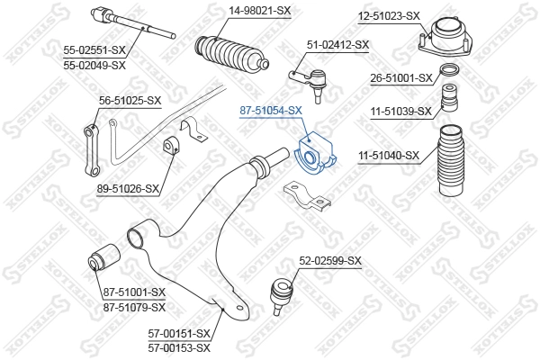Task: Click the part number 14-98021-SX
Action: click(x=260, y=11)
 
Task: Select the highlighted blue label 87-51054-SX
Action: click(x=271, y=111)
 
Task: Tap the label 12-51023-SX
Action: click(x=389, y=16)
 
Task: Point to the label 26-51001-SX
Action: click(x=401, y=78)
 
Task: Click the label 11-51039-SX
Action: click(x=400, y=112)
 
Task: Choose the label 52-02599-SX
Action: click(x=330, y=261)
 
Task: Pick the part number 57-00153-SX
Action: click(x=179, y=348)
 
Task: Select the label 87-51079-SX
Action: click(x=135, y=307)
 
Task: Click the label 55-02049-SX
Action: click(x=94, y=65)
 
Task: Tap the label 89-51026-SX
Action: click(x=128, y=188)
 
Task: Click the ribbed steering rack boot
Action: click(x=231, y=55)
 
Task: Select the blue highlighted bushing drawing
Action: click(x=316, y=154)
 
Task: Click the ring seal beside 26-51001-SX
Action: click(x=450, y=70)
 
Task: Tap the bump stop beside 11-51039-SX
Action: click(x=449, y=97)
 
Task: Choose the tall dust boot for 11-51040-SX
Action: click(x=451, y=160)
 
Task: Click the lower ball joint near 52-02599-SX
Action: click(x=282, y=295)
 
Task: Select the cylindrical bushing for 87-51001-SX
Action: click(x=104, y=257)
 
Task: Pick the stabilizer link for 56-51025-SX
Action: click(x=93, y=151)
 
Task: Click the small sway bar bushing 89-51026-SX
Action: click(x=171, y=147)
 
